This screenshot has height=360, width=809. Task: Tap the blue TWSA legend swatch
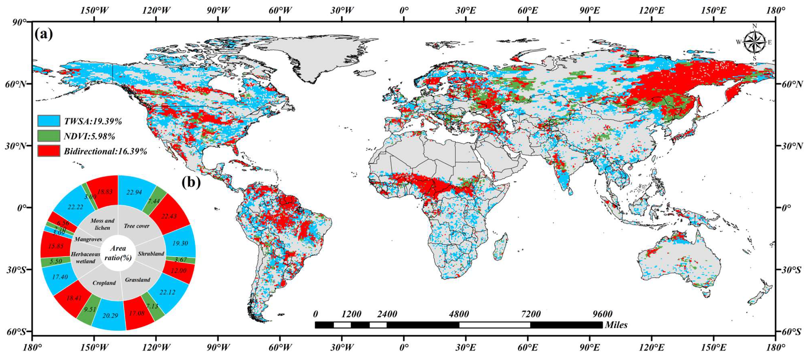tap(49, 121)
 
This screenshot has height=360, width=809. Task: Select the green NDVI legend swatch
tap(49, 136)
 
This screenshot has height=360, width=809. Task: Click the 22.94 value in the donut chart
tap(134, 192)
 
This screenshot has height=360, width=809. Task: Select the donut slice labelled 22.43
tap(169, 216)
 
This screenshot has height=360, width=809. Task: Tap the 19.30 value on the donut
tap(180, 243)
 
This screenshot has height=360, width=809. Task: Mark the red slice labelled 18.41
tap(74, 298)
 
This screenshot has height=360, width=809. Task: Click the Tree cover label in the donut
tap(137, 226)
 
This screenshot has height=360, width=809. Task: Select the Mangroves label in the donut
tap(88, 239)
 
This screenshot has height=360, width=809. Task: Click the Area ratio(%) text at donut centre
tap(118, 253)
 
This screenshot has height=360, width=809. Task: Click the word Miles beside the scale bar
tap(616, 325)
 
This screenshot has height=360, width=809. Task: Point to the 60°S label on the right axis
tap(794, 332)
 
